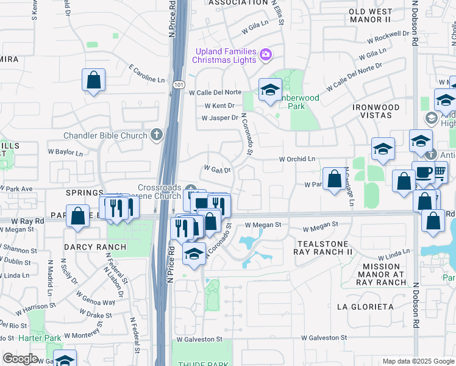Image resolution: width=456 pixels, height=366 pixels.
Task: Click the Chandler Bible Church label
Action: [x=105, y=135]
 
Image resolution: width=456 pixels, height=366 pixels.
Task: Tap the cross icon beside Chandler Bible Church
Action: [x=157, y=135]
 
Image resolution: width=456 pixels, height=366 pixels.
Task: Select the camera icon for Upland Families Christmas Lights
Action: [x=265, y=56]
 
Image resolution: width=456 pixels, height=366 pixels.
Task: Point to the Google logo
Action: [x=20, y=358]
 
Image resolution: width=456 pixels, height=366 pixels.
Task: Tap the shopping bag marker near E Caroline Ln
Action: [x=94, y=80]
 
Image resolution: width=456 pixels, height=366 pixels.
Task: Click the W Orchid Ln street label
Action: [x=296, y=159]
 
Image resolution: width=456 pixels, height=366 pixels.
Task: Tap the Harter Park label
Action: [x=39, y=337]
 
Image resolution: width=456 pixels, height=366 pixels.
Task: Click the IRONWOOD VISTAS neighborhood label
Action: [x=376, y=112]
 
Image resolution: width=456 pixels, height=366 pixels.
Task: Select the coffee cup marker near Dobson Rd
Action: [x=422, y=173]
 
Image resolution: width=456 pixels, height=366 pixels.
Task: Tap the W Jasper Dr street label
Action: [x=221, y=118]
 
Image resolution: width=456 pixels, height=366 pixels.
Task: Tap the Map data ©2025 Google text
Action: [x=418, y=361]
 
